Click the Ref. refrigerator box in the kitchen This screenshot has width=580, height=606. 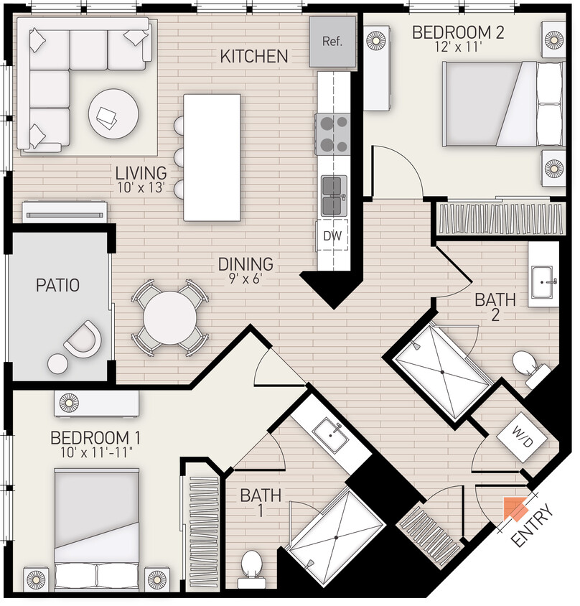332,42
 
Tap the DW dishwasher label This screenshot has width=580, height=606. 332,234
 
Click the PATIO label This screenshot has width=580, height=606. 57,285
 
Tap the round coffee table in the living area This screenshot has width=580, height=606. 113,114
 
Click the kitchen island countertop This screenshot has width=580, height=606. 212,157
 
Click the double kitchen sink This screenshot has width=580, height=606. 333,196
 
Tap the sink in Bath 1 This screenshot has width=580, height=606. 332,435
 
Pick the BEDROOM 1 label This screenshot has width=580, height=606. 95,438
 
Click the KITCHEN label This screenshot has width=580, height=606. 254,56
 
